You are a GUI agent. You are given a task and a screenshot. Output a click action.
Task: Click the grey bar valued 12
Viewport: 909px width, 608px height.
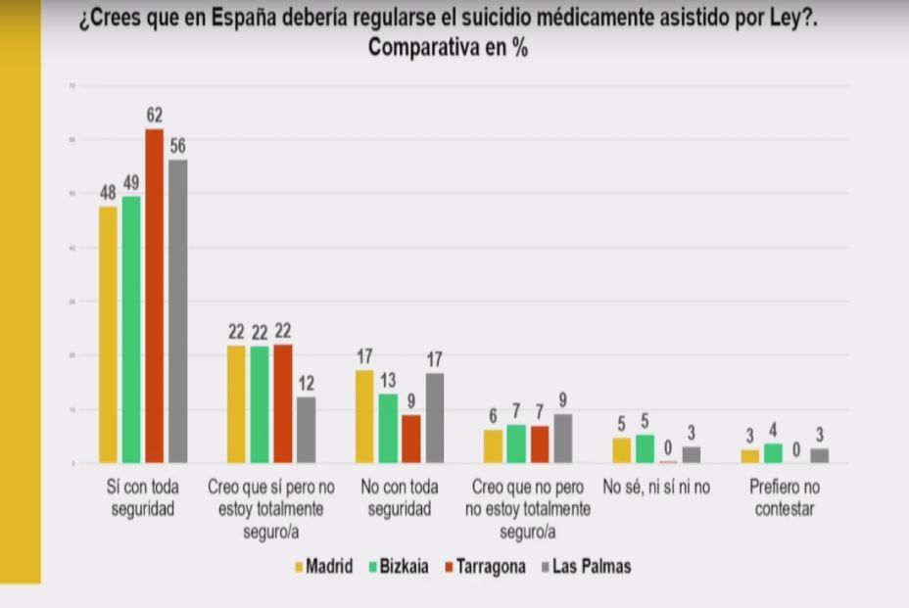[306, 430]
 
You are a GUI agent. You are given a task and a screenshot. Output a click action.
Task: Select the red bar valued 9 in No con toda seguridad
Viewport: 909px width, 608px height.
[411, 439]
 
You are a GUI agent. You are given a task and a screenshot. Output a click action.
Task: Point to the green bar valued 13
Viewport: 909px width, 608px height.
[388, 428]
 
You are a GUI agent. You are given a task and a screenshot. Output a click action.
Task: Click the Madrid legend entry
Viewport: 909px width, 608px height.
[324, 566]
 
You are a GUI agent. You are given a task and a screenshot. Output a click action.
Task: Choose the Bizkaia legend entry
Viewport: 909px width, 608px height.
[398, 566]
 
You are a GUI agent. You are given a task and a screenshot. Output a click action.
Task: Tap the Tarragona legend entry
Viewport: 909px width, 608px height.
[484, 566]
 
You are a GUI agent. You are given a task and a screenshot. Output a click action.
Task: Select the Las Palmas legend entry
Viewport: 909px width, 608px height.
[586, 566]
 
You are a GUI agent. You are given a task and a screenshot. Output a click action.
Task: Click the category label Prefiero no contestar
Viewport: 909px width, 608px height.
[785, 497]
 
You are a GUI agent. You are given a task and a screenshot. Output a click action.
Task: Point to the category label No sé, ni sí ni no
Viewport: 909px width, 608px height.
[656, 487]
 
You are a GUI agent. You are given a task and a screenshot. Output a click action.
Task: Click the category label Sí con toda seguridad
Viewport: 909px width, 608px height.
[143, 497]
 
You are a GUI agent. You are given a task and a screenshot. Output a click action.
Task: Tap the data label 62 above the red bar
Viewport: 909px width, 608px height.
[154, 116]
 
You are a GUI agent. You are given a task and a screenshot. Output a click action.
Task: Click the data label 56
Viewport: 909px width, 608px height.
[177, 147]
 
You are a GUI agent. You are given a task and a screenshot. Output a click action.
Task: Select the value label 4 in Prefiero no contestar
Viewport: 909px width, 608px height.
[774, 429]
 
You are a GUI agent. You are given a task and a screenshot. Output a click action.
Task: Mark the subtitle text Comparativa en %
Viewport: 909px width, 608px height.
[448, 48]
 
